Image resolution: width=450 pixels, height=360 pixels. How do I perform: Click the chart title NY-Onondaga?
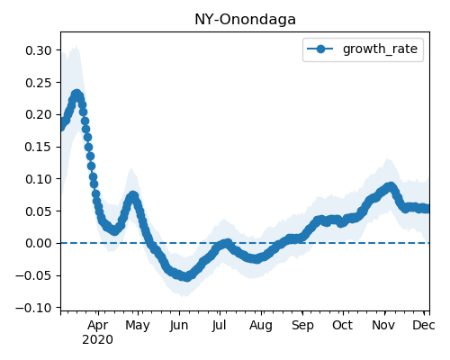tap(245, 20)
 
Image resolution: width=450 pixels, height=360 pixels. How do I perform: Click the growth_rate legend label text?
tap(380, 49)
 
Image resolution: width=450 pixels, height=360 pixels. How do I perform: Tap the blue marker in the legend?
tap(320, 49)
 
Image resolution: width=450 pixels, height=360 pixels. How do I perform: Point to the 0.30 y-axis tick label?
tap(39, 50)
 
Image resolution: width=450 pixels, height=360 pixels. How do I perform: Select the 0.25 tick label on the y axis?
tap(39, 83)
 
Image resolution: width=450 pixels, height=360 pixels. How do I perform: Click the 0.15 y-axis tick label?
tap(39, 147)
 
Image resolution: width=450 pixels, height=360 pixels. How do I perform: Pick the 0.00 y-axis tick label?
tap(39, 243)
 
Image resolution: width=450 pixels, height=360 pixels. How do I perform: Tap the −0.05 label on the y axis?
tap(34, 275)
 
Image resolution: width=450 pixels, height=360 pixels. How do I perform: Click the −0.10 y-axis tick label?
tap(34, 308)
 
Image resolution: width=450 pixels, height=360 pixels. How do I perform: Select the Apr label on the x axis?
tap(98, 325)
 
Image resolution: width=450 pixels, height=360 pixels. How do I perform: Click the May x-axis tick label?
tap(138, 325)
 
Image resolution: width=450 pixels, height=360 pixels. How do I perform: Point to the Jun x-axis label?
tap(179, 325)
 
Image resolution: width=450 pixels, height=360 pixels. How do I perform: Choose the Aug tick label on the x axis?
tap(261, 325)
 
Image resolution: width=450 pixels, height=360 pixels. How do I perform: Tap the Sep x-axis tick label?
tap(302, 325)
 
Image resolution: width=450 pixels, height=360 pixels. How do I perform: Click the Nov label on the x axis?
tap(383, 325)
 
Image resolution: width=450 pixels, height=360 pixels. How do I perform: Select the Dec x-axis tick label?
tap(424, 325)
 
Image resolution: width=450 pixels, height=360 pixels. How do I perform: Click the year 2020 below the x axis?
tap(98, 340)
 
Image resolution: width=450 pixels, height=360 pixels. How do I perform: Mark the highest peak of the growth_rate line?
tap(76, 94)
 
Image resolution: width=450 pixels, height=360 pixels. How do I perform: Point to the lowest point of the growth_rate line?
tap(186, 276)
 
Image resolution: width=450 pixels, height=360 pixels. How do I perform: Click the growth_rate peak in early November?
tap(390, 187)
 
